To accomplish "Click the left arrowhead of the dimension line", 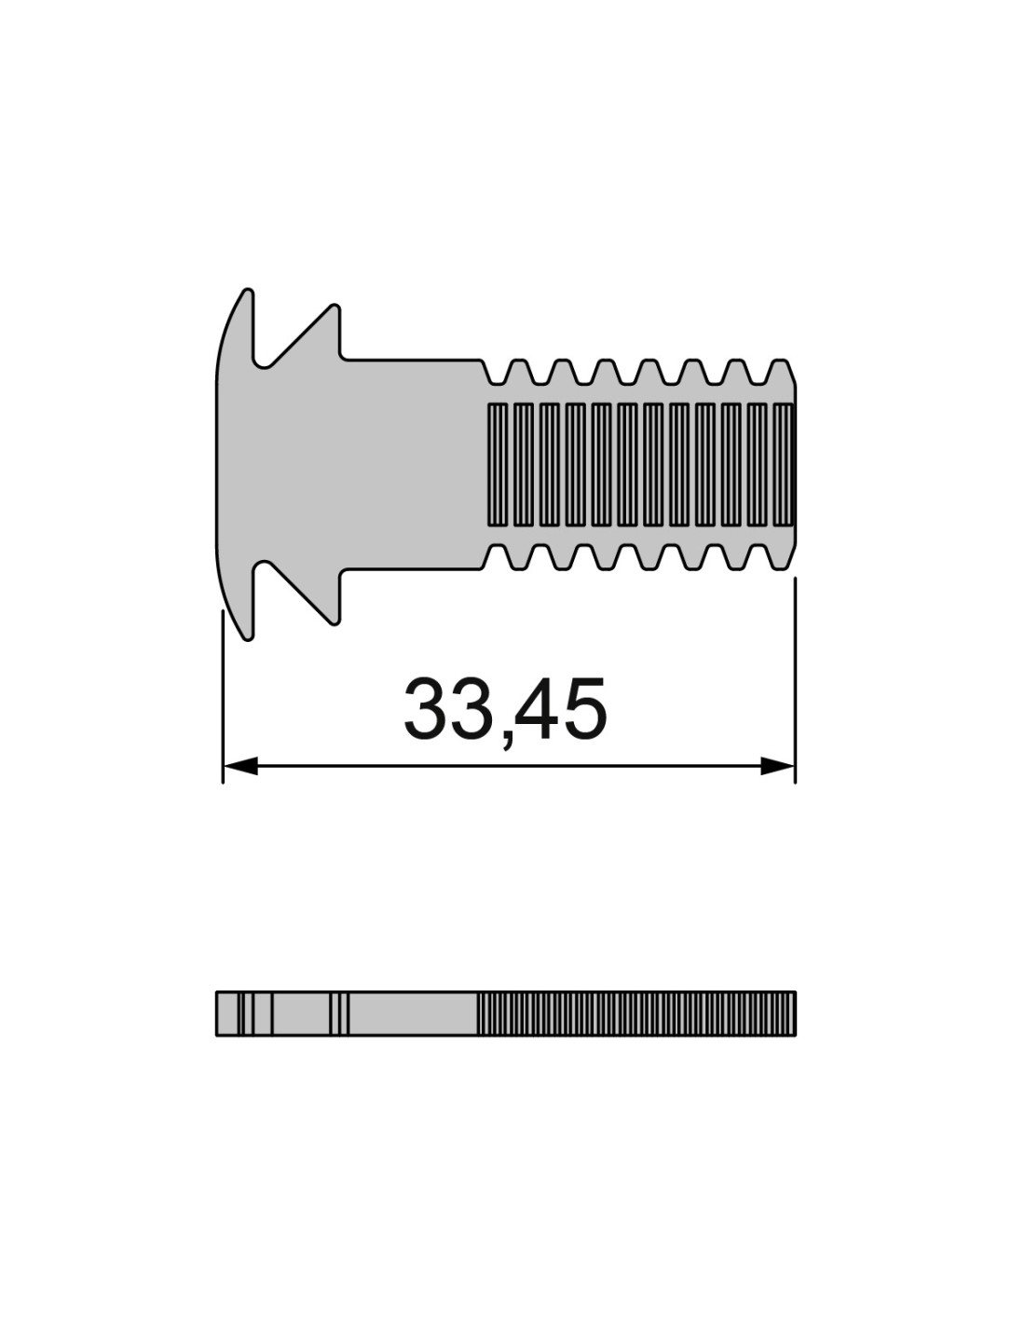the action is click(x=239, y=767).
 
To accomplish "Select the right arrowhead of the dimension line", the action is click(x=778, y=767).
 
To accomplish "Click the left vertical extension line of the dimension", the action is click(x=223, y=696).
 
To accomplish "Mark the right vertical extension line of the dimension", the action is click(x=795, y=680).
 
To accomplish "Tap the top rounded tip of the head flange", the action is click(x=248, y=292).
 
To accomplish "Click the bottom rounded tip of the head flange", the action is click(x=248, y=637).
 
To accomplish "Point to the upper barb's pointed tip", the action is click(x=335, y=307).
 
